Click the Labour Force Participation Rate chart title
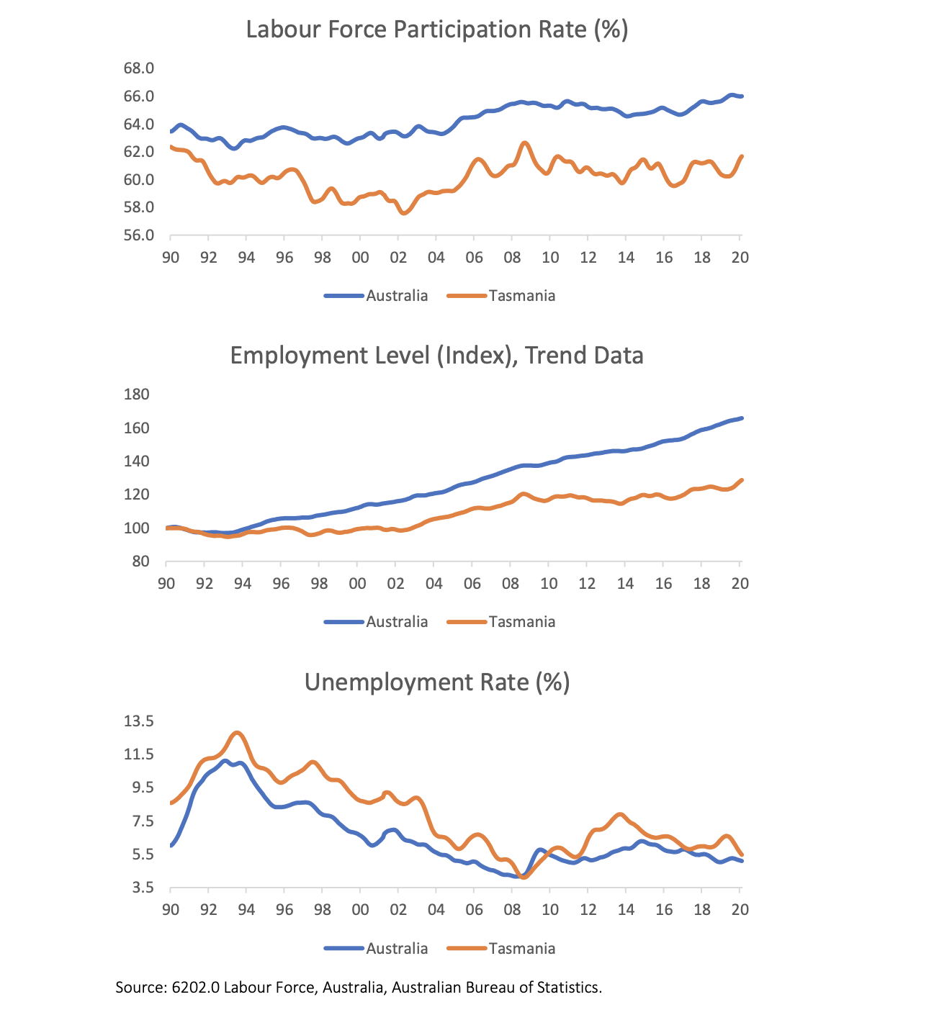(x=437, y=30)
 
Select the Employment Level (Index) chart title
(x=436, y=356)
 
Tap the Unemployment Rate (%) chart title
(x=437, y=682)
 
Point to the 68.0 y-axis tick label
(x=139, y=68)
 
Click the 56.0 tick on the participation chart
(x=139, y=235)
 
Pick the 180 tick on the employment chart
(x=137, y=394)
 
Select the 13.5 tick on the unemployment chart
(x=139, y=721)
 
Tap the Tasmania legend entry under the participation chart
(x=521, y=296)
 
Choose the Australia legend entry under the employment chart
(x=396, y=622)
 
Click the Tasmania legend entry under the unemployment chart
(x=521, y=948)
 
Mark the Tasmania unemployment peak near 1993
(x=238, y=733)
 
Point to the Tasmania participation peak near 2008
(x=524, y=143)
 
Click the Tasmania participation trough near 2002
(x=404, y=213)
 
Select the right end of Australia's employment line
(x=742, y=418)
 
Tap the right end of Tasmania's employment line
(x=742, y=480)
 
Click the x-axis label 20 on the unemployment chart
(x=740, y=909)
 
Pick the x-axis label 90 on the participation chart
(x=171, y=257)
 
